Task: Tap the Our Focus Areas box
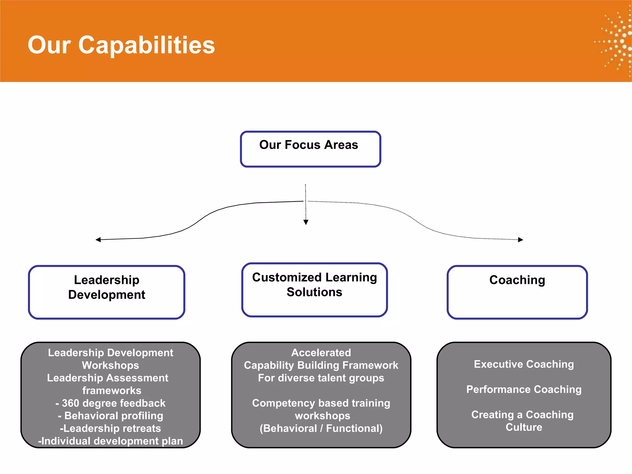(310, 149)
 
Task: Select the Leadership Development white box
(106, 292)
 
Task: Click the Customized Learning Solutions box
(314, 290)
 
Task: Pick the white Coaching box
(517, 292)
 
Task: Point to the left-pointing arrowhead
(98, 240)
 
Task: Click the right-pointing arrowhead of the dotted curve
(520, 240)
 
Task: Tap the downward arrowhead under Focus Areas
(306, 222)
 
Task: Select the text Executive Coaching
(524, 364)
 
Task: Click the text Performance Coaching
(524, 389)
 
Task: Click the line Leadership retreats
(110, 428)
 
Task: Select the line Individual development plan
(110, 441)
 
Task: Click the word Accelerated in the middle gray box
(321, 352)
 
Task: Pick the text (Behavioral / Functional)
(321, 428)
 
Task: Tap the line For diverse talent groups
(321, 378)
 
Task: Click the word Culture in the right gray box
(524, 427)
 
